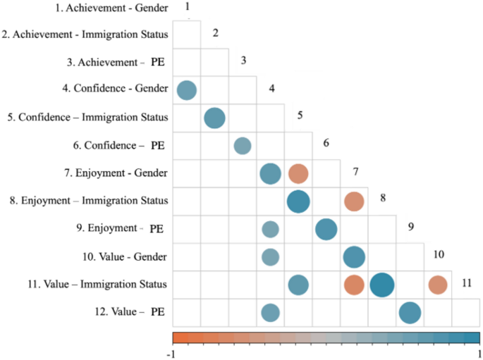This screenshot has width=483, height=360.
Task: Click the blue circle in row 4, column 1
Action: coord(186,90)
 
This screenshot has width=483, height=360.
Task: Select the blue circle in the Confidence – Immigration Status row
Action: coord(214,118)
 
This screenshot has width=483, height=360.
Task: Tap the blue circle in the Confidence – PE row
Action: coord(242,146)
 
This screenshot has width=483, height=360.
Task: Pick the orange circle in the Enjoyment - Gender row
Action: coord(298,173)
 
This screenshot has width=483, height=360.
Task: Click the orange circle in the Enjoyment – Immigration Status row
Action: coord(354,201)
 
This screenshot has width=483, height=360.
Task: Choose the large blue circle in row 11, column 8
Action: coord(381,285)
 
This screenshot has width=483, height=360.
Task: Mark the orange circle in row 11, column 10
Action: coord(438,285)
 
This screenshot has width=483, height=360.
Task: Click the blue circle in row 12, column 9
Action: coord(410,312)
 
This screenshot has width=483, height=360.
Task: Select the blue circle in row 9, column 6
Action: coord(326,229)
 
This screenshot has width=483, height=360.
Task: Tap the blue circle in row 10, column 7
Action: coord(354,257)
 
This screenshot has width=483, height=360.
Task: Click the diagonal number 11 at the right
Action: coord(466,283)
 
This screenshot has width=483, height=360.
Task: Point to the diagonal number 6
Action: coord(326,143)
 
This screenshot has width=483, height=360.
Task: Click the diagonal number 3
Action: coord(243,61)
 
